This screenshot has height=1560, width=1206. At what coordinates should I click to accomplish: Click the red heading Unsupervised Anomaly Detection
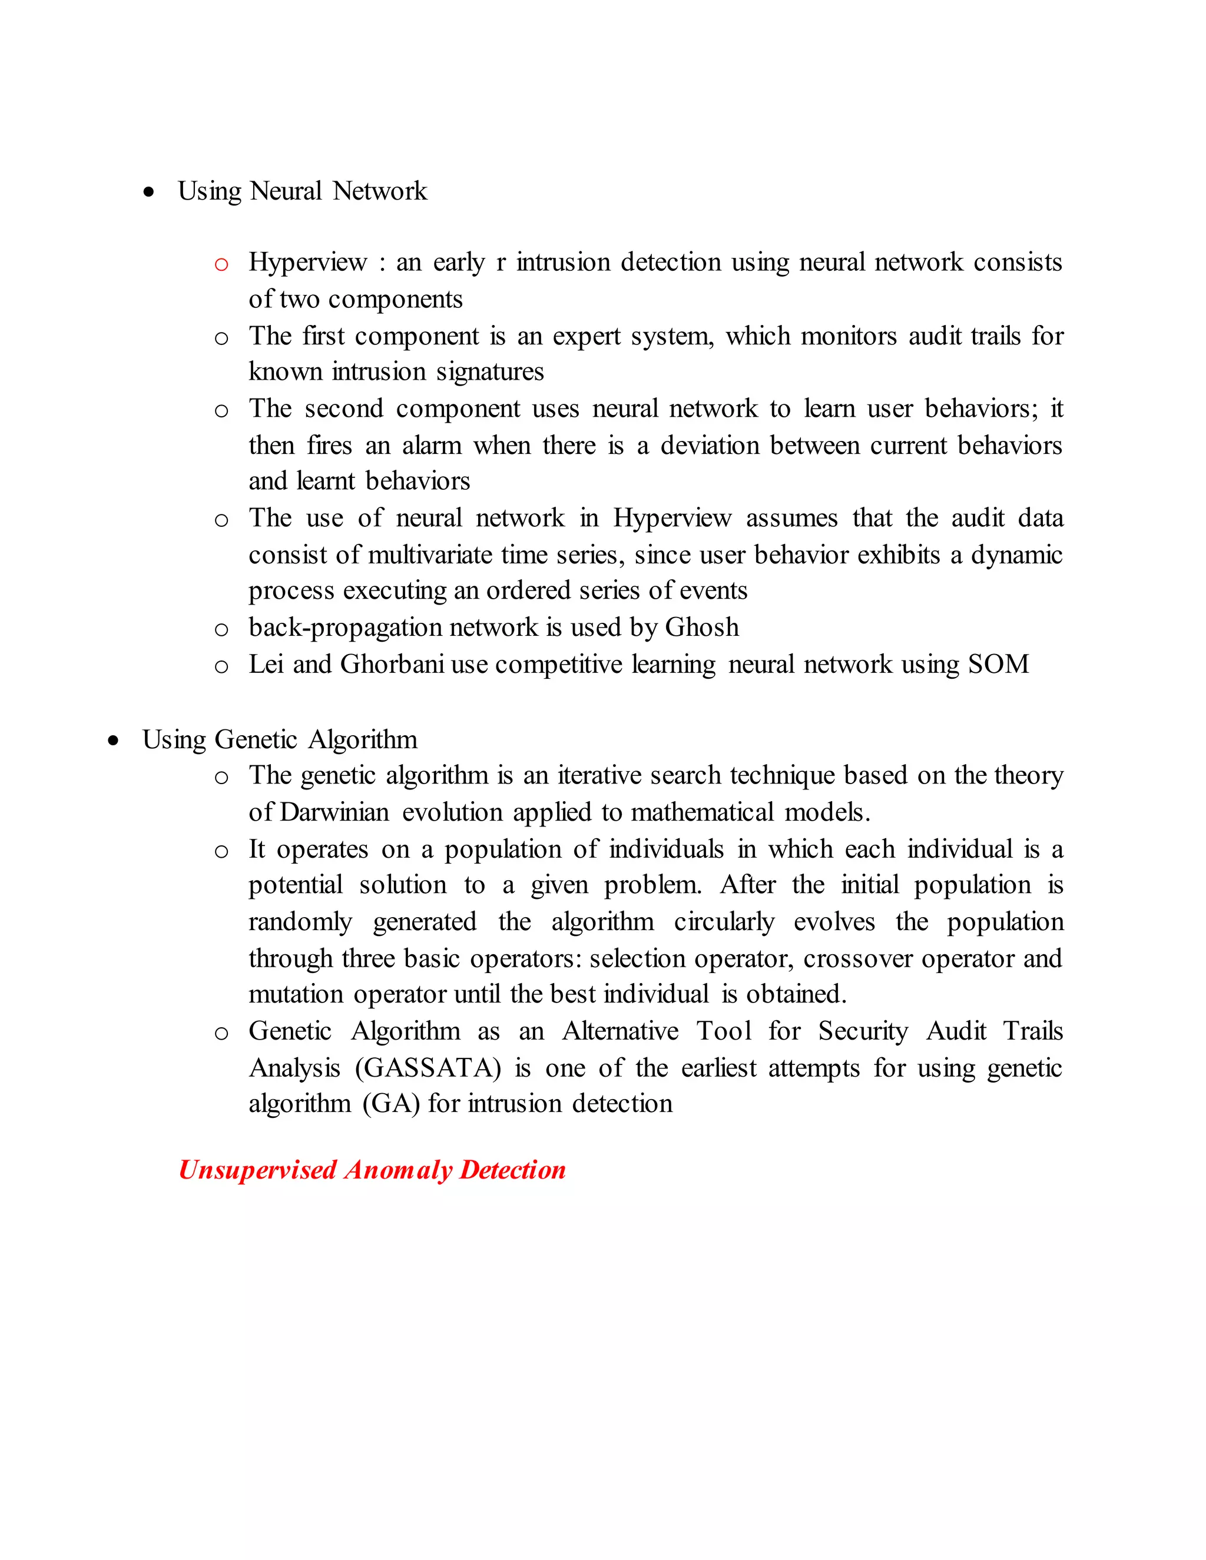click(372, 1170)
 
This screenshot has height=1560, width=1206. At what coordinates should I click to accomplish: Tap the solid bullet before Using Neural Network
click(148, 192)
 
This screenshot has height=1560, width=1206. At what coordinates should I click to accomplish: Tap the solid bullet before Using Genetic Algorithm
click(113, 741)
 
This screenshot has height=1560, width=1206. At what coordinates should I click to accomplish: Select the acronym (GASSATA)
click(428, 1068)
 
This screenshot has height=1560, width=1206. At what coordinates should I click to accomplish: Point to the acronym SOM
click(998, 664)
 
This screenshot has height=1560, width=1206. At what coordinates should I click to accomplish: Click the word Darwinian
click(334, 812)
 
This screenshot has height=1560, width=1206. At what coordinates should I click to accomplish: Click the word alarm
click(431, 446)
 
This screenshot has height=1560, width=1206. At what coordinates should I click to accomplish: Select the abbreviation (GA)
click(391, 1104)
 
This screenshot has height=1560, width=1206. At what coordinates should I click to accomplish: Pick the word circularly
click(724, 921)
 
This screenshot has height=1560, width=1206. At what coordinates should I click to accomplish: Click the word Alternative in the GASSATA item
click(620, 1031)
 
